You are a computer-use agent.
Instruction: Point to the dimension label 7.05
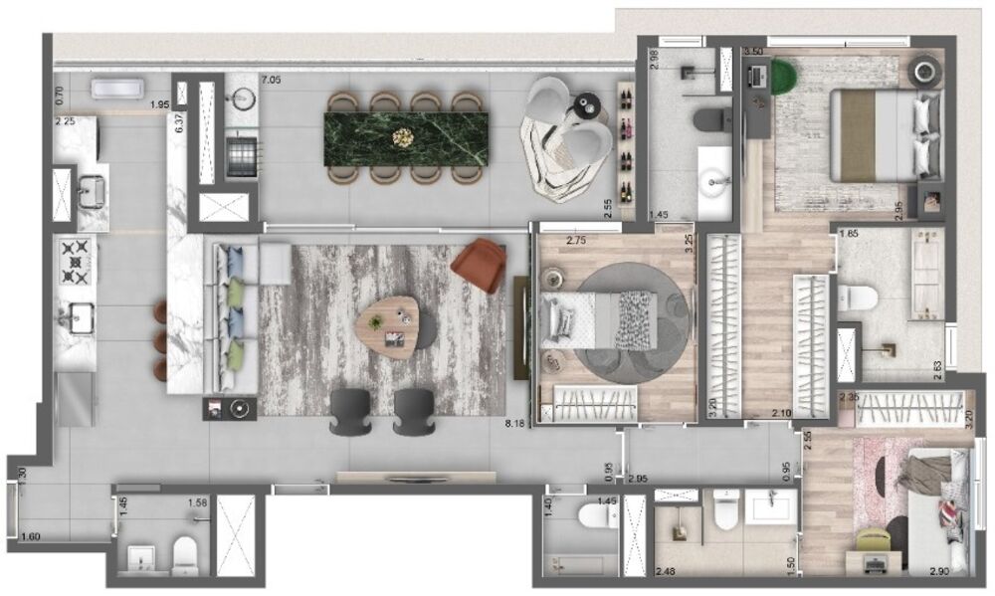point(271,80)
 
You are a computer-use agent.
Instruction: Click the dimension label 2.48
point(666,571)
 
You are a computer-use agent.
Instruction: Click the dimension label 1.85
point(848,234)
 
